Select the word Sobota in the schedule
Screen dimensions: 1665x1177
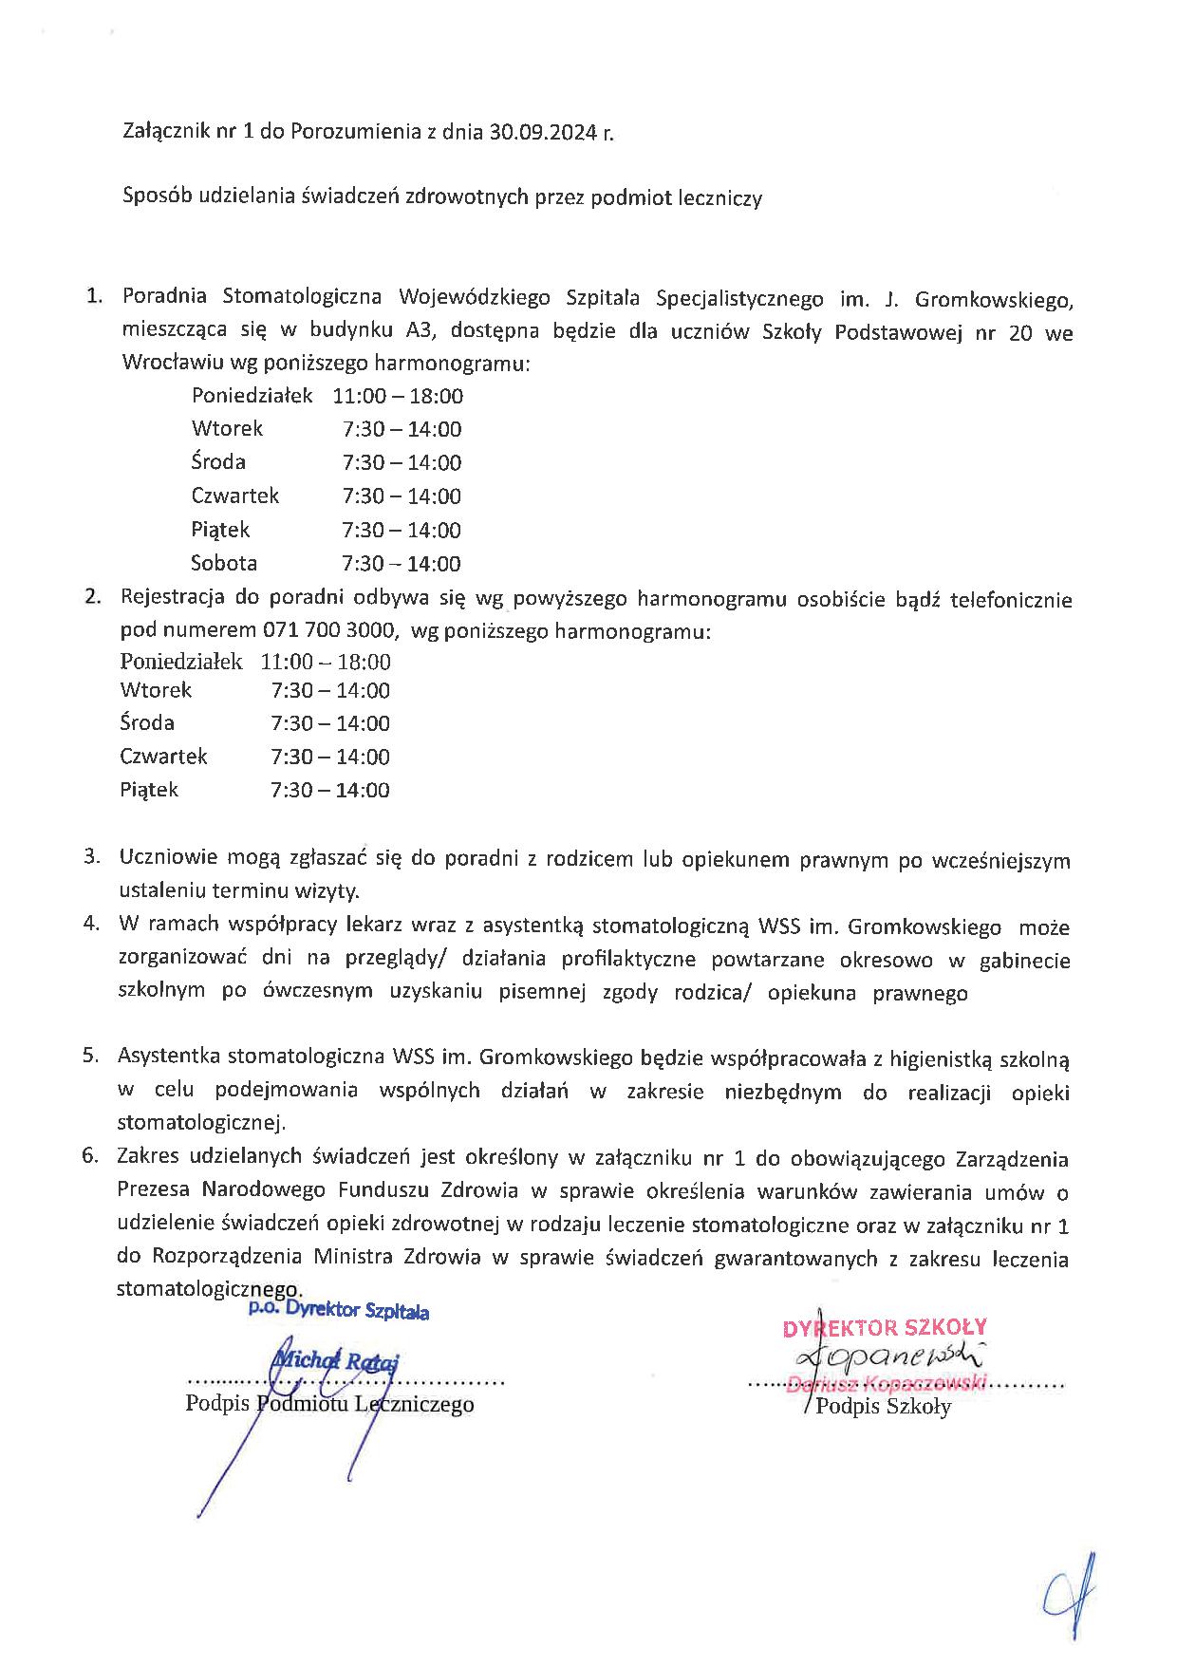(x=224, y=563)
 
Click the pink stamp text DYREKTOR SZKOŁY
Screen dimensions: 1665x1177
(x=885, y=1327)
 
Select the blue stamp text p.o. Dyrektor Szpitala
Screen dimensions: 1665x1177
(x=338, y=1311)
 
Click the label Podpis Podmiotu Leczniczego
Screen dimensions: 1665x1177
(x=329, y=1404)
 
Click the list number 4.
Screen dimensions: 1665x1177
(x=91, y=924)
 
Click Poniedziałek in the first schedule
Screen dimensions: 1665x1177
(x=252, y=396)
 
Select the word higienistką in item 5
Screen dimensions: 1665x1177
(x=952, y=1057)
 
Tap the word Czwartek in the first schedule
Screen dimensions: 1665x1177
(x=234, y=496)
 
